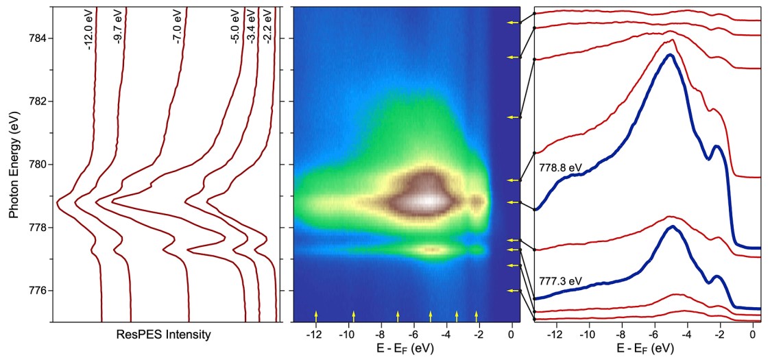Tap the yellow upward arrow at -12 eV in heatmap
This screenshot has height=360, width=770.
tap(316, 315)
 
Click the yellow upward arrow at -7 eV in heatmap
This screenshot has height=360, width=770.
tap(398, 315)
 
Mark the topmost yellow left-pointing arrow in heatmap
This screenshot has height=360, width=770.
tap(511, 23)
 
